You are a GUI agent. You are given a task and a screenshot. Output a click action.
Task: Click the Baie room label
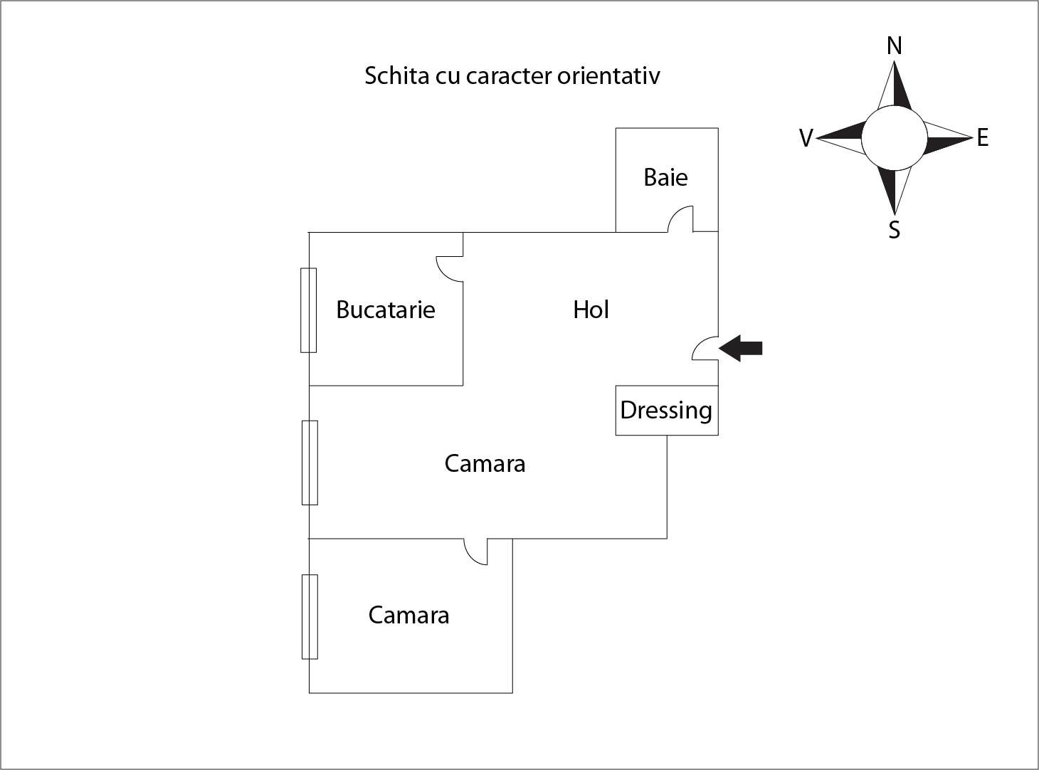pos(665,177)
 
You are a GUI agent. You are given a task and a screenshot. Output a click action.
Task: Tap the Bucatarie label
pos(385,310)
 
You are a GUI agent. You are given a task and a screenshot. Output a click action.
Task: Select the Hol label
pos(591,310)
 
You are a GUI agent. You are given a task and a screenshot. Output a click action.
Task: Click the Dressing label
pos(666,411)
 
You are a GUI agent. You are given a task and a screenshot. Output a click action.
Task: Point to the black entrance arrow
pos(741,348)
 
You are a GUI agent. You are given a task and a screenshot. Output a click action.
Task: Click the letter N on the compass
pos(894,46)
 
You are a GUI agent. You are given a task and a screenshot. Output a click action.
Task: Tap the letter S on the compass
pos(895,230)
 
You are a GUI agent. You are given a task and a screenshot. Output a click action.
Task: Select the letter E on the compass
pos(983,137)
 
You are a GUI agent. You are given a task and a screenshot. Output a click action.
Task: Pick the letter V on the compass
pos(806,138)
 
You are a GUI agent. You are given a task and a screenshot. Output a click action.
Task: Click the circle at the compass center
pos(895,138)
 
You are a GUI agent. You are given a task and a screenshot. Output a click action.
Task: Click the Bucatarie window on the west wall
pos(308,310)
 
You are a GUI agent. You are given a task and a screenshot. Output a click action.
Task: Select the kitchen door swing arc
pos(449,268)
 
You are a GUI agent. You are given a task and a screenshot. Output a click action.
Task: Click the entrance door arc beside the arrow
pos(705,348)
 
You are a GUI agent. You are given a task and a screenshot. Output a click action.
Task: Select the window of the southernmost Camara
pos(310,616)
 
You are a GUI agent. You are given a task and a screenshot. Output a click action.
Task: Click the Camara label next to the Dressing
pos(485,463)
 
